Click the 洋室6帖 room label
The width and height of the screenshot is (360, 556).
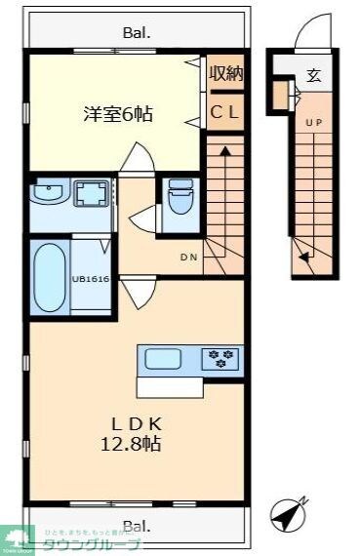pyautogui.click(x=116, y=113)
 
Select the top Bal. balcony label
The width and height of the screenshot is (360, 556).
pyautogui.click(x=137, y=33)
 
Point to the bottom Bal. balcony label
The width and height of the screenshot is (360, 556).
pyautogui.click(x=137, y=525)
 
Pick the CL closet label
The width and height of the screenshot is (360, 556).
pyautogui.click(x=225, y=111)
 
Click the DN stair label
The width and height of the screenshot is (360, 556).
pyautogui.click(x=189, y=258)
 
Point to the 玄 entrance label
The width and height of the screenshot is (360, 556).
pyautogui.click(x=313, y=75)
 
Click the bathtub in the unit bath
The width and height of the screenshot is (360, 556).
pyautogui.click(x=50, y=276)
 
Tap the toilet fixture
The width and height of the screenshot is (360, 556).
pyautogui.click(x=180, y=202)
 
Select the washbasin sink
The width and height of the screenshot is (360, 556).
pyautogui.click(x=47, y=195)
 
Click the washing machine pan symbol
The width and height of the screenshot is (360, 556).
pyautogui.click(x=93, y=195)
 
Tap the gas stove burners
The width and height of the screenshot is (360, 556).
pyautogui.click(x=220, y=359)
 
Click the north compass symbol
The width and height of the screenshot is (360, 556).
pyautogui.click(x=289, y=514)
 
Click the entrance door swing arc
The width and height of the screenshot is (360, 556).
pyautogui.click(x=304, y=37)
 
